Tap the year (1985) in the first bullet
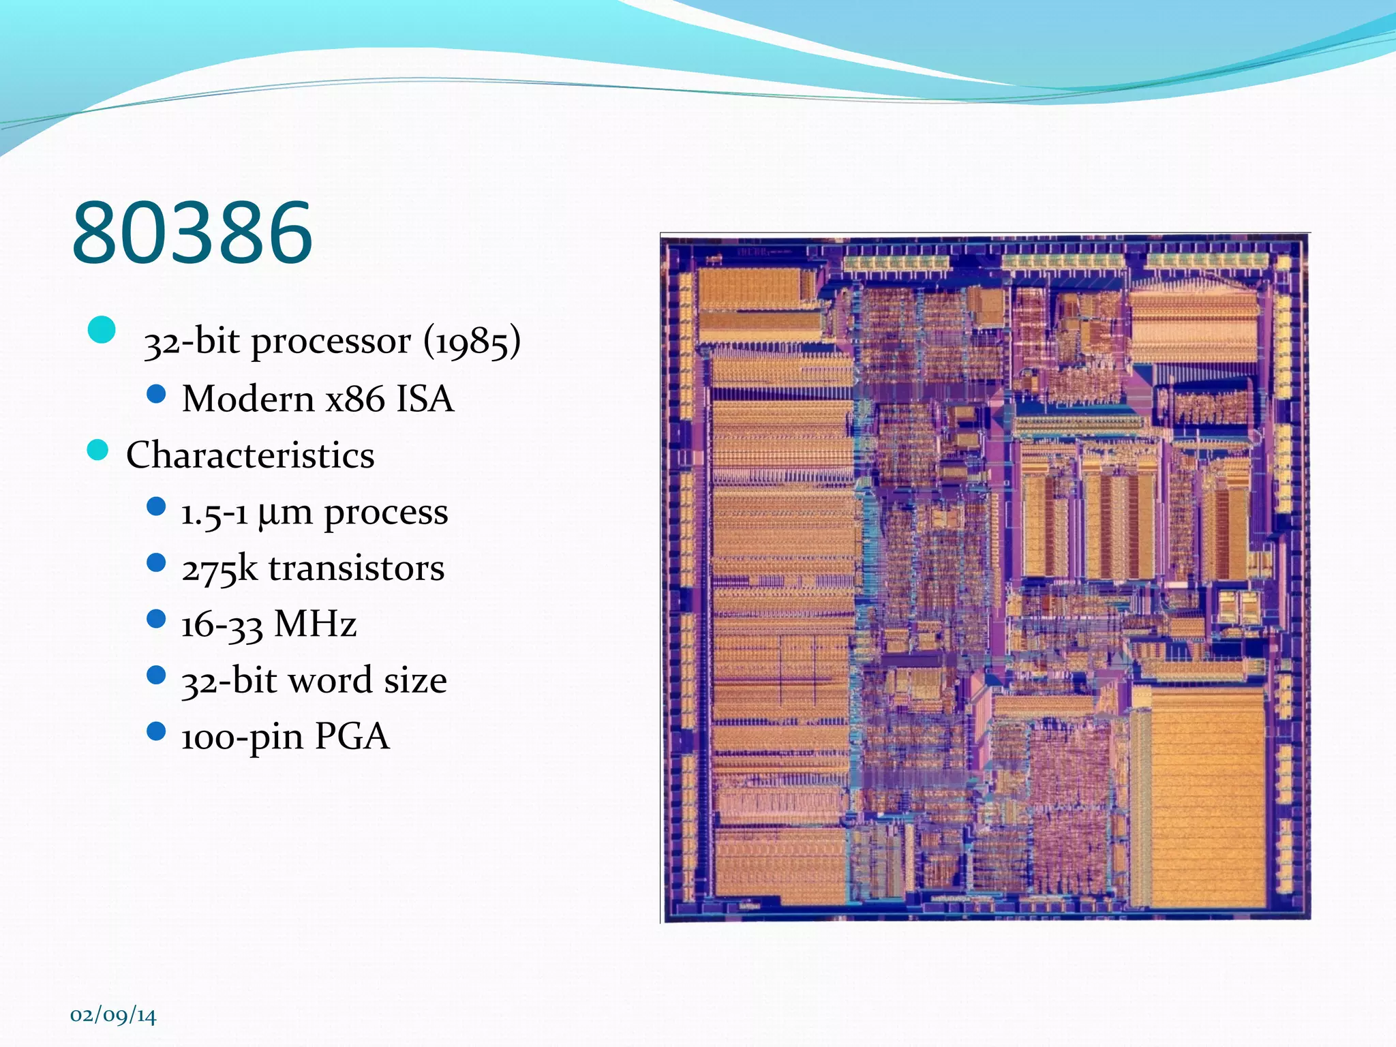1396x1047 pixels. coord(472,341)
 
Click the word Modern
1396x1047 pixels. coord(248,398)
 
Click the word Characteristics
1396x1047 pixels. coord(250,455)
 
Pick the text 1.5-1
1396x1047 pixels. coord(214,513)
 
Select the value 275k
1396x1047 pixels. coord(219,568)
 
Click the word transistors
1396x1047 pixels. coord(356,568)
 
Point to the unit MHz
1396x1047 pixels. coord(315,624)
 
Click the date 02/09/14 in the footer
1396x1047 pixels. coord(113,1016)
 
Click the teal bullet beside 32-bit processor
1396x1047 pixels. coord(102,330)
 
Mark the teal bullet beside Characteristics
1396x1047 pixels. coord(98,450)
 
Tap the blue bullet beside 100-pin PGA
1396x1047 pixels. coord(156,731)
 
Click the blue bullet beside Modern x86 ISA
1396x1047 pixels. coord(156,393)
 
